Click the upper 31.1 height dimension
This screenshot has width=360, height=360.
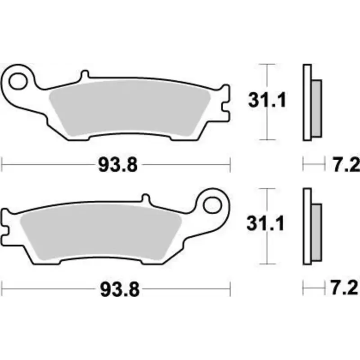pos(267,101)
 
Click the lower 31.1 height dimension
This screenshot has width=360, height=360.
pos(267,224)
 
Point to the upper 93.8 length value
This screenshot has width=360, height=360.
pos(117,166)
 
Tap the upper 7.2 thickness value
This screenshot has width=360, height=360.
pos(346,166)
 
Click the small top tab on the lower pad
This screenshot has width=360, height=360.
pos(145,198)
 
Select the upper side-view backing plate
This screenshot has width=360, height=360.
pos(307,103)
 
